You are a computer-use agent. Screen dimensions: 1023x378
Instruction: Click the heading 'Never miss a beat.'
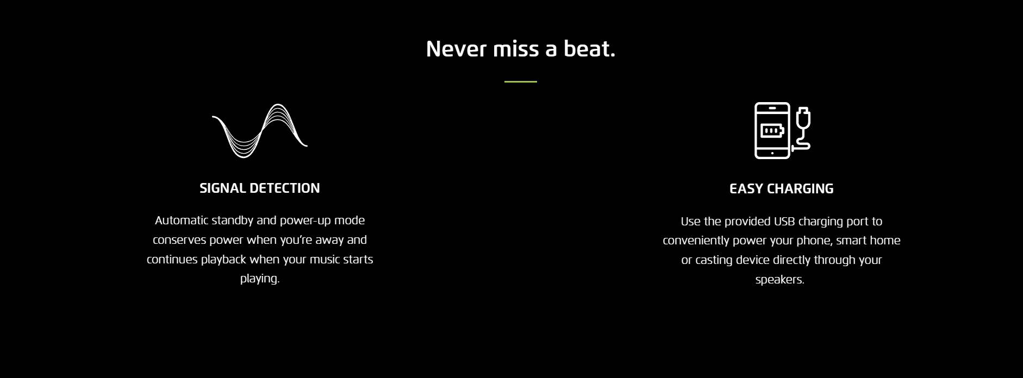[x=520, y=49]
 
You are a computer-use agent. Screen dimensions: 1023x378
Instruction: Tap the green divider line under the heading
[x=521, y=81]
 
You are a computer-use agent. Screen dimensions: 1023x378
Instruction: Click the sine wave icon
[x=260, y=131]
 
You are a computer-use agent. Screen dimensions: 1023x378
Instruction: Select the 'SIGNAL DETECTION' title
[x=260, y=188]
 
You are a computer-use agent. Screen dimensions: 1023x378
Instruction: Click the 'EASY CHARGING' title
[x=781, y=188]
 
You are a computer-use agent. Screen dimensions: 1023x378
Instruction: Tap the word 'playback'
[x=223, y=260]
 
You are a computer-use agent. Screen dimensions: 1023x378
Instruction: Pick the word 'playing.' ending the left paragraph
[x=260, y=279]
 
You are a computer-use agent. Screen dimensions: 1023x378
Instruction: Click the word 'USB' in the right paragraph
[x=785, y=221]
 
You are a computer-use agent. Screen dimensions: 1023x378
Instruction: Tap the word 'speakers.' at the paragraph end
[x=779, y=279]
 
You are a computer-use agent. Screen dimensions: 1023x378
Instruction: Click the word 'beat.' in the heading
[x=589, y=49]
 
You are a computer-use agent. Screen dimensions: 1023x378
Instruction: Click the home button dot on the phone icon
[x=772, y=153]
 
